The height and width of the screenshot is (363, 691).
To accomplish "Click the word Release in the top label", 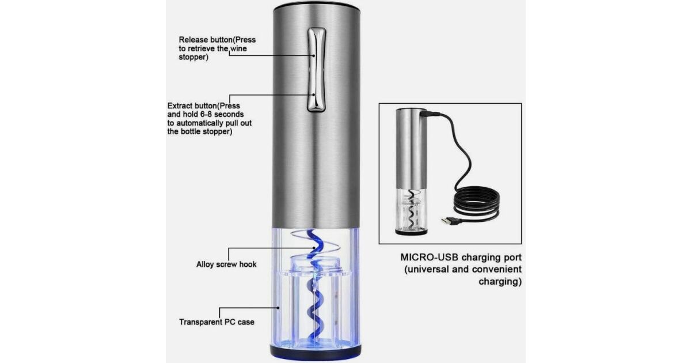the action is click(193, 40).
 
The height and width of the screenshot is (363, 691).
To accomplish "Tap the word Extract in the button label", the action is click(180, 106).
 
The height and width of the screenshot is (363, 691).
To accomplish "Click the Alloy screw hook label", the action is click(226, 264).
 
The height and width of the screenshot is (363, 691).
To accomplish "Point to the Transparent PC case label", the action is click(217, 322).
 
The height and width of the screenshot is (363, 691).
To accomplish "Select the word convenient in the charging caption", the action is click(496, 270).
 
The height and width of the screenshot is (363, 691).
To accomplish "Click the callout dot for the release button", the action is click(314, 56).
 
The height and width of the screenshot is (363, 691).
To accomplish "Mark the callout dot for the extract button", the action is click(314, 95).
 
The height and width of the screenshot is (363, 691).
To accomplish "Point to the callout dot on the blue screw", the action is click(314, 248).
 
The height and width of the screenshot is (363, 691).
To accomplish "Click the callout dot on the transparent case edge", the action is click(278, 308).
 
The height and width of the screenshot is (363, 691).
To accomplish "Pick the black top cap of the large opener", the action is click(317, 6).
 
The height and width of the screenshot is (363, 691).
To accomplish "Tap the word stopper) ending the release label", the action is click(193, 58).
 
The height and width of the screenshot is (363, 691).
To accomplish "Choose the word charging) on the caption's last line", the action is click(500, 282).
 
